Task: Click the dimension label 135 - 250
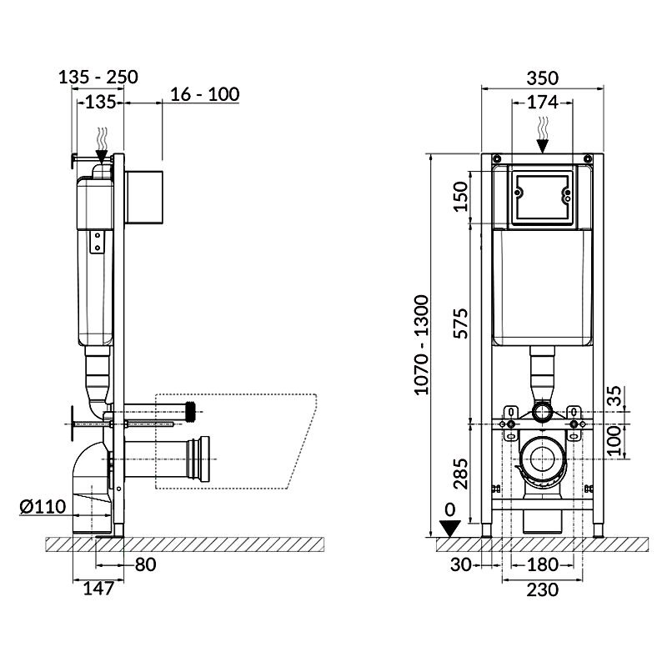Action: [x=98, y=77]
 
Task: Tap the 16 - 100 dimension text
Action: [x=204, y=94]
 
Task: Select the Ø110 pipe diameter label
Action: [x=43, y=507]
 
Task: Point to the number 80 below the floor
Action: [x=145, y=564]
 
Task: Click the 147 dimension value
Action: [x=98, y=589]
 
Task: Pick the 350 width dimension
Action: [x=543, y=78]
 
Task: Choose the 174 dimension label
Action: [x=543, y=102]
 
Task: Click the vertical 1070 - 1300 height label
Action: [x=422, y=345]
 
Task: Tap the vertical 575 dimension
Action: [x=460, y=323]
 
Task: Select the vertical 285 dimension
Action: [x=460, y=474]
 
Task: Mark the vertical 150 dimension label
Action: [x=460, y=196]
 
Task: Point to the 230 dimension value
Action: [x=543, y=589]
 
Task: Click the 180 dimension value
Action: [x=543, y=564]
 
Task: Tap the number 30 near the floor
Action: [x=461, y=564]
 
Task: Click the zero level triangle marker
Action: [x=449, y=528]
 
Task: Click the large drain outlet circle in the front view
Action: [x=543, y=459]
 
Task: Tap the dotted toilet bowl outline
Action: [x=298, y=443]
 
